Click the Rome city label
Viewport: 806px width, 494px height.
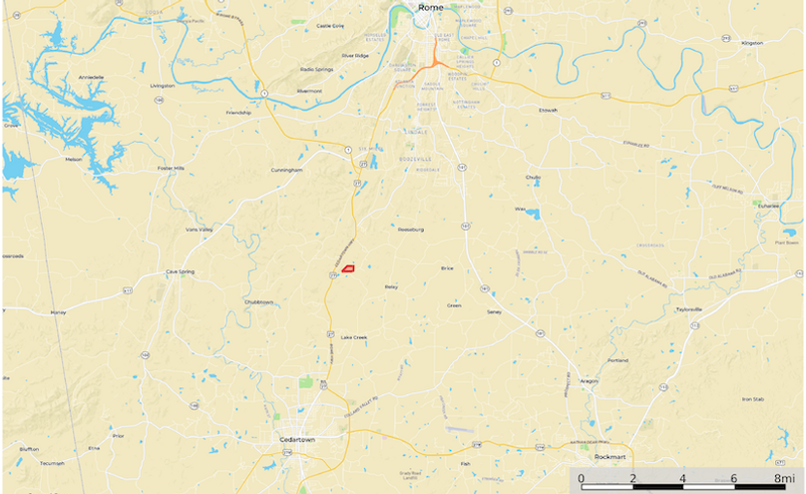click(431, 8)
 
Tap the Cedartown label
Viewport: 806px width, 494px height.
click(298, 439)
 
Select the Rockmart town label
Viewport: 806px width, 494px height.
click(608, 456)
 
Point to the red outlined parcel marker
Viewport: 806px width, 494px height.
click(349, 268)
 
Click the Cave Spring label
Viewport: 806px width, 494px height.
click(180, 272)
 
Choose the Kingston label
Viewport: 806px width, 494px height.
click(752, 44)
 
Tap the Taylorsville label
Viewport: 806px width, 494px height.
click(689, 309)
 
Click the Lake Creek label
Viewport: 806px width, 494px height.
click(354, 337)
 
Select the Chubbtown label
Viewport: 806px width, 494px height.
click(258, 301)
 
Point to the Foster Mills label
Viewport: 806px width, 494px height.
click(172, 169)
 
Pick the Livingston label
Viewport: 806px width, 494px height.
click(162, 86)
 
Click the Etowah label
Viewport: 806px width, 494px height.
click(548, 110)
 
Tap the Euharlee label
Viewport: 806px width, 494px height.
click(767, 207)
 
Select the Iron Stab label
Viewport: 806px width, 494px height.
click(752, 399)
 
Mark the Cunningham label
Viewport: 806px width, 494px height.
click(286, 170)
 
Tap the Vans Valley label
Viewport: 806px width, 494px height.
click(200, 230)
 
